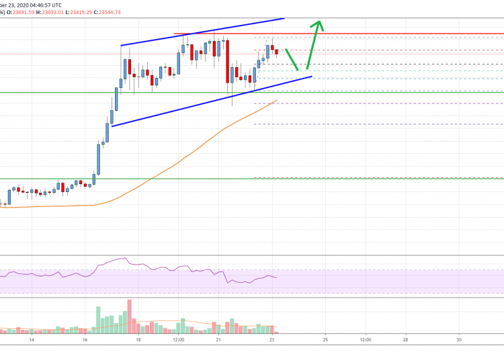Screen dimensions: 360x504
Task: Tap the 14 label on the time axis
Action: (x=32, y=341)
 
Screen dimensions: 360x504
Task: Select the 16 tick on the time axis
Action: (x=85, y=341)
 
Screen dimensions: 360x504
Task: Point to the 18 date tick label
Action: (x=138, y=341)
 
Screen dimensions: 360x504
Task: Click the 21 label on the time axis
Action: (x=219, y=341)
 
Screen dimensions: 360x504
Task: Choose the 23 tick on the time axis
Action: (x=272, y=341)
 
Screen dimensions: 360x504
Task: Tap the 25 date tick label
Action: (x=325, y=341)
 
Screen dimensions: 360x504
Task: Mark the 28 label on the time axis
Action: (x=405, y=341)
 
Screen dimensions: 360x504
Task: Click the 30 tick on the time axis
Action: (x=458, y=341)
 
